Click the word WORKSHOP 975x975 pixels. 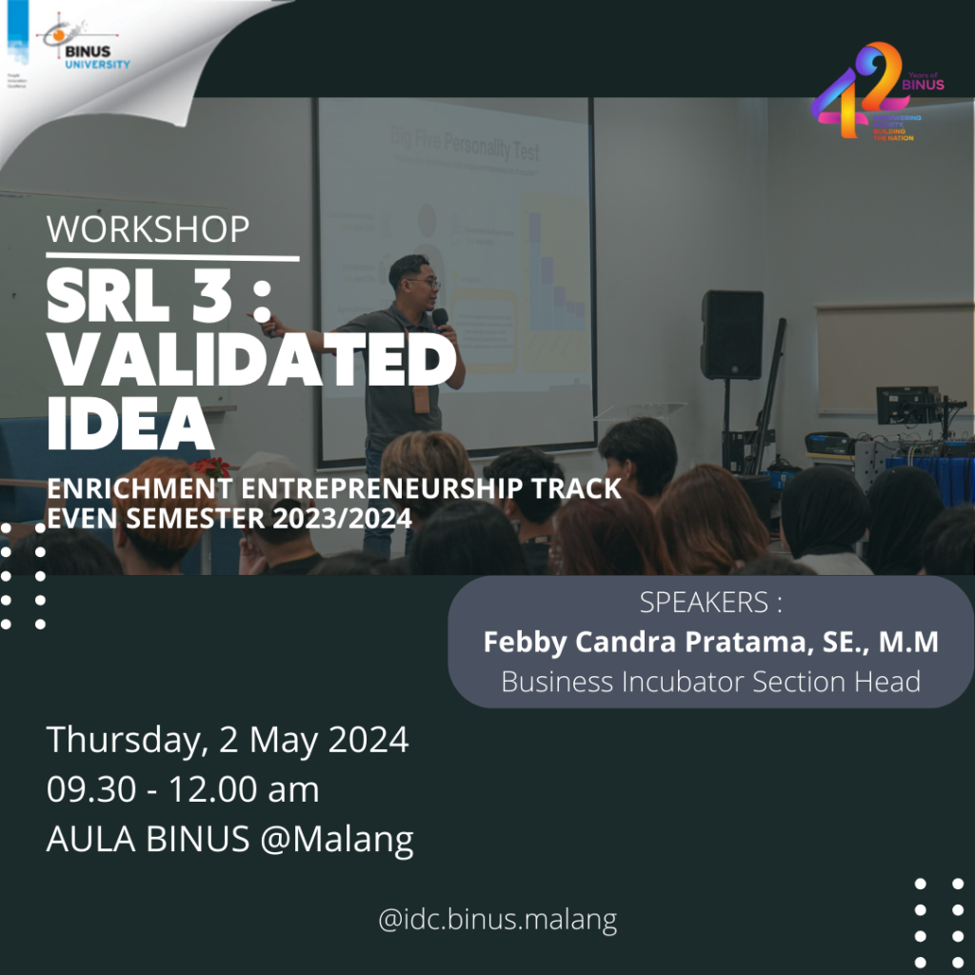(x=148, y=229)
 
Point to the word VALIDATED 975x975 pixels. (x=251, y=363)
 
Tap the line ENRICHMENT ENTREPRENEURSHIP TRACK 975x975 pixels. (x=334, y=489)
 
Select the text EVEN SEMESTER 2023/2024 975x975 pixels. (x=229, y=520)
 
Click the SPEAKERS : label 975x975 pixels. (x=710, y=603)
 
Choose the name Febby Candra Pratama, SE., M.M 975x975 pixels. (x=710, y=642)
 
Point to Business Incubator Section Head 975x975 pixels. (x=710, y=682)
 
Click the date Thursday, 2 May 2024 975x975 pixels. (x=228, y=740)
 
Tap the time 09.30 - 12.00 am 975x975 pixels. (x=183, y=789)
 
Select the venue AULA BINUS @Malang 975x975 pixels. (x=229, y=840)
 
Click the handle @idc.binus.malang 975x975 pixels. (x=497, y=920)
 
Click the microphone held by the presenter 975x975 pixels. (x=440, y=318)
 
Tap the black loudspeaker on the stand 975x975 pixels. (x=731, y=334)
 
